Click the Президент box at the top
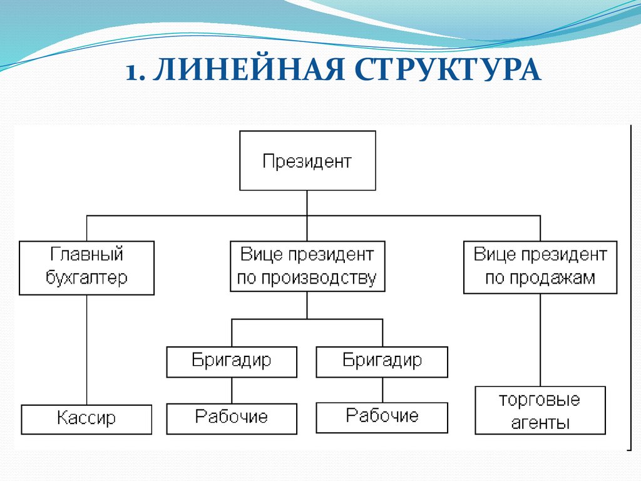point(307,160)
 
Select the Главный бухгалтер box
point(86,268)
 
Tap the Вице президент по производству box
point(307,266)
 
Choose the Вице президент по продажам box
point(540,267)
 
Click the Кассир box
point(86,420)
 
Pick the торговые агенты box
point(540,410)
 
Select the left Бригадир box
point(232,362)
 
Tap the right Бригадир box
point(382,362)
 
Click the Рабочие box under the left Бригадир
point(232,419)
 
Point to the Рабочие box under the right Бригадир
point(382,418)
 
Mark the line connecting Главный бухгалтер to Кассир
point(86,350)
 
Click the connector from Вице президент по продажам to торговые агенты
point(540,340)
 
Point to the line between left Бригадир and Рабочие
point(232,391)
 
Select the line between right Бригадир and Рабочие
point(382,390)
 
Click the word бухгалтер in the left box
point(86,277)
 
